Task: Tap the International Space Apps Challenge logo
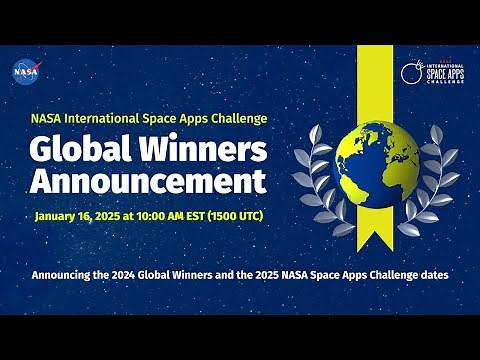pos(428,72)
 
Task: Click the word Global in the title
pos(77,150)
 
